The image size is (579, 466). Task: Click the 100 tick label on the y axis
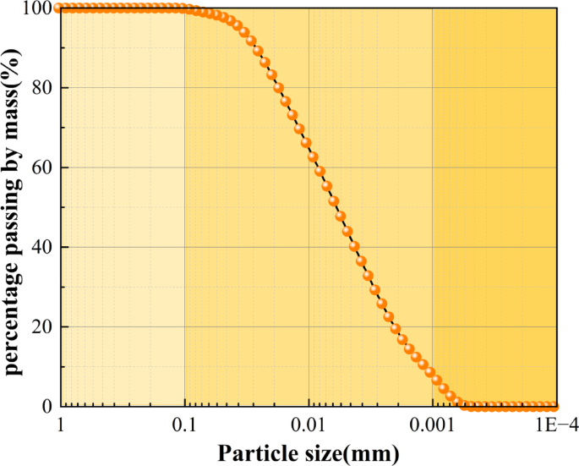pyautogui.click(x=36, y=8)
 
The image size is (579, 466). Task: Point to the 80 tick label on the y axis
pyautogui.click(x=41, y=88)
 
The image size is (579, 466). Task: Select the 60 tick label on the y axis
pyautogui.click(x=41, y=167)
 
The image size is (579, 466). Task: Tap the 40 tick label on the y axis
pyautogui.click(x=41, y=247)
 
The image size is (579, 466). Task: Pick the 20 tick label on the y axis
pyautogui.click(x=41, y=326)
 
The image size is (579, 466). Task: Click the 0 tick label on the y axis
pyautogui.click(x=46, y=407)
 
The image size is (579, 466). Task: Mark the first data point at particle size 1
pyautogui.click(x=58, y=8)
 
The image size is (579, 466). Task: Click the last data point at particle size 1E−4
pyautogui.click(x=554, y=407)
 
